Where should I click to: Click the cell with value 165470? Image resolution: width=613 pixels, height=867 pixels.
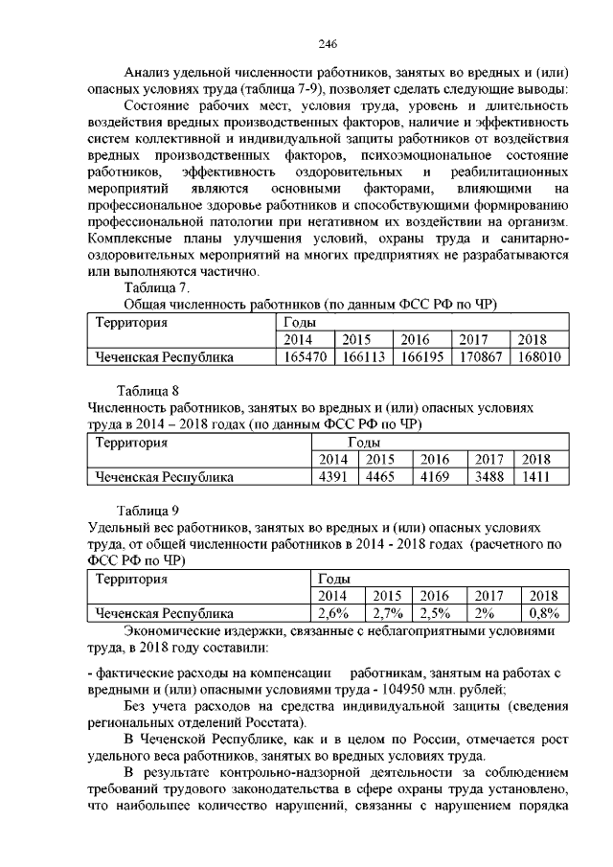click(x=304, y=357)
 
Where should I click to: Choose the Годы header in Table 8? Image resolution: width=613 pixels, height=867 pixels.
click(x=365, y=442)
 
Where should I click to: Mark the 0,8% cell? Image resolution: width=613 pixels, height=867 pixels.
click(x=544, y=613)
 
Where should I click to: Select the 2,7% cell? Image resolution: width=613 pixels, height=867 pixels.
click(x=388, y=613)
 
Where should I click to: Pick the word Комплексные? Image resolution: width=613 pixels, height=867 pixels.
click(x=131, y=238)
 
